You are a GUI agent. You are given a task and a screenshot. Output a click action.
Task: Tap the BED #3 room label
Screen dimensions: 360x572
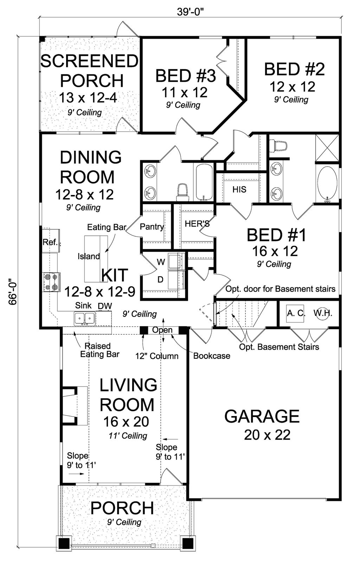[186, 76]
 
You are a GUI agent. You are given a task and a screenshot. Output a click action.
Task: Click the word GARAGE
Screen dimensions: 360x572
[262, 416]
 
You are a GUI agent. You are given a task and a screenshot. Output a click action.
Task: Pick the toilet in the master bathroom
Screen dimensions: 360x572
[278, 146]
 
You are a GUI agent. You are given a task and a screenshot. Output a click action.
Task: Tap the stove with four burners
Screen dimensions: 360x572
[51, 282]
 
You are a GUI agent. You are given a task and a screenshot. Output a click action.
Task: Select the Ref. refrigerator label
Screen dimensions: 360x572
[50, 242]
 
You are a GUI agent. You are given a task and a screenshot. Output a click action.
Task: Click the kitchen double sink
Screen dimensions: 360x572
[85, 318]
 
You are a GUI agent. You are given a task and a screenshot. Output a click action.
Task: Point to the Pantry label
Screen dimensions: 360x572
[152, 227]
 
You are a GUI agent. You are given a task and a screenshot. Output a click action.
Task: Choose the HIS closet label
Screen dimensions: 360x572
[239, 189]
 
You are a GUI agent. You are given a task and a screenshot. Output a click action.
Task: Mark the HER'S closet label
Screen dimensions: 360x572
[197, 224]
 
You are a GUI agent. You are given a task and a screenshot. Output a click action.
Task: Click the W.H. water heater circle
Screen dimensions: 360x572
[323, 313]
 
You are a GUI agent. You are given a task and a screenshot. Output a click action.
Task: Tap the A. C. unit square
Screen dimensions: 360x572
[295, 313]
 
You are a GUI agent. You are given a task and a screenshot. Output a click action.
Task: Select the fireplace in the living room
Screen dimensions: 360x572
[75, 406]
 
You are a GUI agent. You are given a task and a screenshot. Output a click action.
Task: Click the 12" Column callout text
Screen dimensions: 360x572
[157, 356]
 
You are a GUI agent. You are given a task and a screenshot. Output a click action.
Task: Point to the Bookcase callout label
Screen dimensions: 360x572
[212, 356]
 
